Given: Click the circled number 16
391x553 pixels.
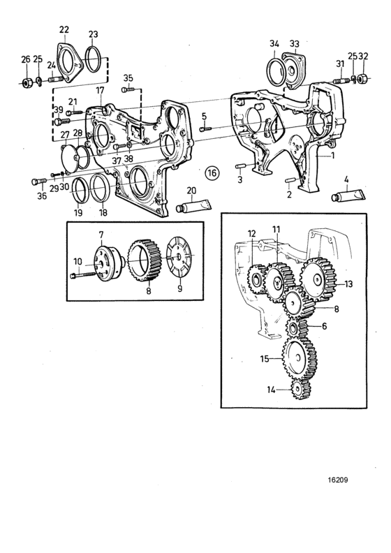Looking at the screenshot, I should click(x=213, y=172).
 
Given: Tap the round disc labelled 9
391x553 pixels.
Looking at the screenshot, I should click(x=179, y=258).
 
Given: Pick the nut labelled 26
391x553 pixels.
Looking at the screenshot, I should click(x=26, y=84).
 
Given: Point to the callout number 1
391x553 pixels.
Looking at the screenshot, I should click(x=333, y=156).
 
